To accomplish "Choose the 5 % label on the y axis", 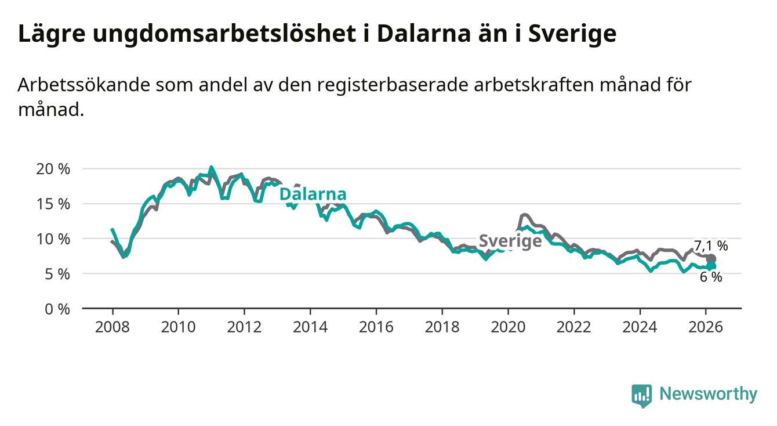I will pyautogui.click(x=57, y=273).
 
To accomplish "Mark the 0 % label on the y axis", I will pyautogui.click(x=57, y=309).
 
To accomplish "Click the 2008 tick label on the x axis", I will pyautogui.click(x=112, y=327).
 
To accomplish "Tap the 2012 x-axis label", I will pyautogui.click(x=244, y=327).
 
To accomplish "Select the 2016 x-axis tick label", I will pyautogui.click(x=376, y=327).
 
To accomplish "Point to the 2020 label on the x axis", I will pyautogui.click(x=508, y=327).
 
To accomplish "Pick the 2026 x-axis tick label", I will pyautogui.click(x=706, y=327).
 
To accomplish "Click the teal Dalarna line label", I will pyautogui.click(x=313, y=194).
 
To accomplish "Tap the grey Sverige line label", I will pyautogui.click(x=510, y=241).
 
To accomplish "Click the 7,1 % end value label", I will pyautogui.click(x=711, y=246).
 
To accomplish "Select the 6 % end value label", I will pyautogui.click(x=711, y=277).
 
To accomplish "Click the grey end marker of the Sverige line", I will pyautogui.click(x=711, y=259).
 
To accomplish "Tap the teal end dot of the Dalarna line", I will pyautogui.click(x=711, y=266).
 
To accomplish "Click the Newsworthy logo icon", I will pyautogui.click(x=641, y=395).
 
